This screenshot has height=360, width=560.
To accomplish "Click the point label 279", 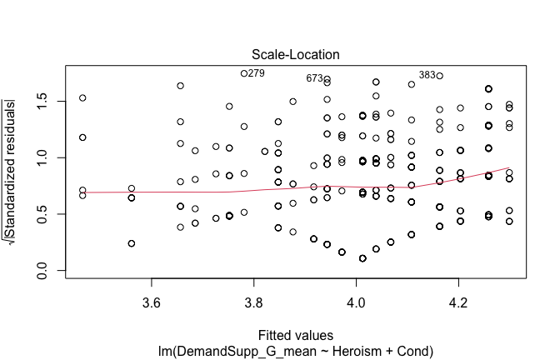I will [257, 73].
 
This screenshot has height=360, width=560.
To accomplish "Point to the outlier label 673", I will [314, 78].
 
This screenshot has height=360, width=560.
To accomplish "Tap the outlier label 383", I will [427, 75].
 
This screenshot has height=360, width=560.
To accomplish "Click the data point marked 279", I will [244, 73].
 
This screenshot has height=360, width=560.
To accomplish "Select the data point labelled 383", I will [439, 76].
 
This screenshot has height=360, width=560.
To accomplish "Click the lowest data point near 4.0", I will [362, 258].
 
